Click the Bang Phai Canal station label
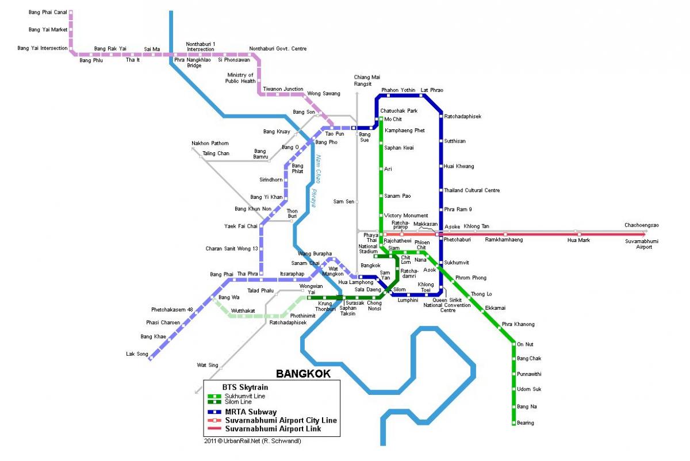[x=48, y=11]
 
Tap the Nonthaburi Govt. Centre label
[x=278, y=49]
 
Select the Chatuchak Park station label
[x=398, y=110]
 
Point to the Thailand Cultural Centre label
[x=471, y=190]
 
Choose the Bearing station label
[x=526, y=423]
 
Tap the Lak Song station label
[x=137, y=354]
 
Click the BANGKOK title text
[x=303, y=374]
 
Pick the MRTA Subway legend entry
[x=250, y=412]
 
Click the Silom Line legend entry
[x=237, y=402]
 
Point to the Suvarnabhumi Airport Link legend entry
[x=273, y=429]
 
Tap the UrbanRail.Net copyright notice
[x=252, y=441]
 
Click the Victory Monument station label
[x=406, y=216]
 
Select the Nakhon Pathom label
[x=210, y=143]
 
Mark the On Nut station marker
[x=513, y=344]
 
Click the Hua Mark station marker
[x=579, y=235]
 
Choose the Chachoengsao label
[x=642, y=225]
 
